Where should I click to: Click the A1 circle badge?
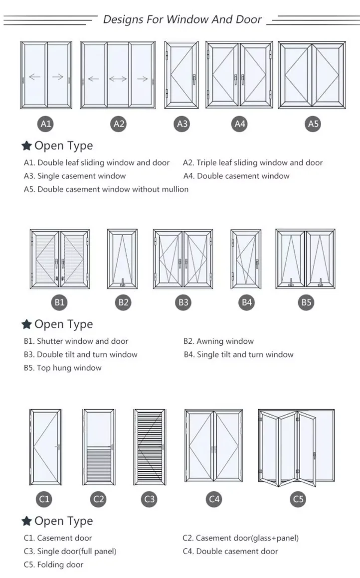tap(46, 124)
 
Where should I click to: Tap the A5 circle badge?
tap(313, 124)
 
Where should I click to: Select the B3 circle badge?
tap(183, 302)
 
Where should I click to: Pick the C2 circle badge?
tap(99, 499)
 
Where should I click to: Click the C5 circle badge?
tap(298, 499)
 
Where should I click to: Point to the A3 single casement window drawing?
tap(181, 75)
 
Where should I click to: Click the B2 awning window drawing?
tap(123, 259)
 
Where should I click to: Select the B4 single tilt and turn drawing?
tap(246, 259)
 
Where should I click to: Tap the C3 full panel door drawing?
tap(149, 447)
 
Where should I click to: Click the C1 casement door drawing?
tap(45, 447)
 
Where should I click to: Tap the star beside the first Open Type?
tap(26, 146)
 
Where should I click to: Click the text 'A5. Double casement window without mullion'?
tap(106, 189)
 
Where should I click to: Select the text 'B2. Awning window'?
tap(218, 341)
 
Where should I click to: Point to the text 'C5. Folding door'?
tap(53, 565)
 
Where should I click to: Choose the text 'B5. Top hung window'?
tap(62, 368)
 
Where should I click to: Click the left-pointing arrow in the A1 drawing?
tap(34, 77)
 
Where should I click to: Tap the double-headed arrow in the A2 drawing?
tap(118, 78)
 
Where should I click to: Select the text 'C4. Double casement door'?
tap(230, 551)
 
